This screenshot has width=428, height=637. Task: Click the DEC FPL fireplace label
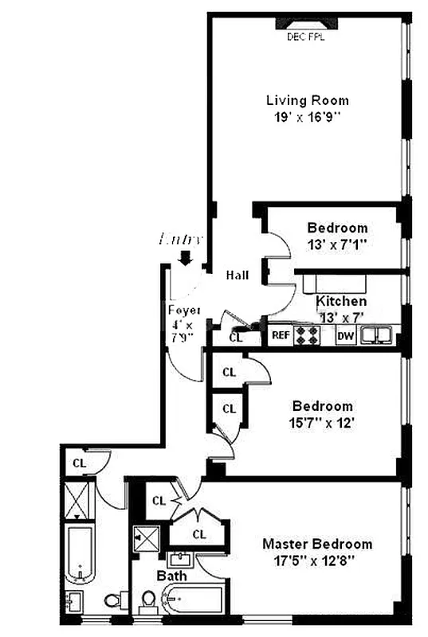point(306,37)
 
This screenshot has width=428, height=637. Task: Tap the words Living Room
point(307,100)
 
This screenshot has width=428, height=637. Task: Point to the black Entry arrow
point(186,257)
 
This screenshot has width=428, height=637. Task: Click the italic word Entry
point(183,238)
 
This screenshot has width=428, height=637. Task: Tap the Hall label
point(237,276)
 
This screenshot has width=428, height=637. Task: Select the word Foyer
point(183,310)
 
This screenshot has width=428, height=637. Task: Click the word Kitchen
point(341,302)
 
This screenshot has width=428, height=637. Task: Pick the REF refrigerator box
point(280,335)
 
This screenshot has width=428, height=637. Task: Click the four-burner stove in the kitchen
point(307,335)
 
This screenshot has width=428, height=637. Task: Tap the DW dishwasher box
point(345,335)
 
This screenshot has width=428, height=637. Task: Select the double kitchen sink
point(376,335)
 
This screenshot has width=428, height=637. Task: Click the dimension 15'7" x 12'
point(322,422)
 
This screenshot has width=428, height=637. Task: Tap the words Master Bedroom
point(317,545)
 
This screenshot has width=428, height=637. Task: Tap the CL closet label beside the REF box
point(235,337)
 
